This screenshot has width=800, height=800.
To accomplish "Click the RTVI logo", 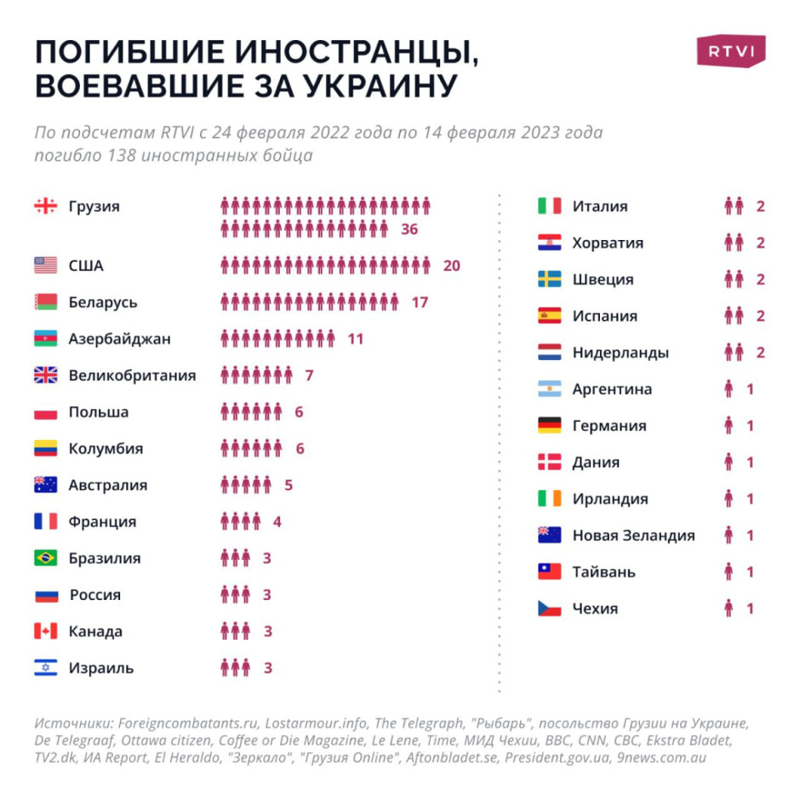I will tap(731, 51).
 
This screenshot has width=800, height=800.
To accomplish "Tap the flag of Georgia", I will tap(46, 206).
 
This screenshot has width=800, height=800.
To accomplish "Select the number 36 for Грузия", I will tap(409, 229).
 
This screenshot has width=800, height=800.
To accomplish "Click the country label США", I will tap(86, 266).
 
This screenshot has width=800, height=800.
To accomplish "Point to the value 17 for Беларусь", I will tap(420, 302).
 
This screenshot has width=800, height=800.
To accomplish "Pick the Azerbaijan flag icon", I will tap(46, 339).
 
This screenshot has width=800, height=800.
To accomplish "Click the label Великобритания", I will tap(132, 375).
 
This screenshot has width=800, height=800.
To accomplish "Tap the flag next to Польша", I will tap(46, 412).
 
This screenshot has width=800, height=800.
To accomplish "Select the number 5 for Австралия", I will tap(289, 485).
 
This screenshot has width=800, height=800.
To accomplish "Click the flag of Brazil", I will tap(46, 558).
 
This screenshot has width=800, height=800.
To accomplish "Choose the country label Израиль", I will tap(101, 668).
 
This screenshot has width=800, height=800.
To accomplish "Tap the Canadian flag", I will tap(46, 631).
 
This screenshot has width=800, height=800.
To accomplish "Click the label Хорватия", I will tap(608, 243).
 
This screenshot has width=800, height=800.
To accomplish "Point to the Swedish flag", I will tap(550, 279).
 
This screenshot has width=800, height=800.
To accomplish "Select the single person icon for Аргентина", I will tap(729, 389).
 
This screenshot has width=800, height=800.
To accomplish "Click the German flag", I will tap(550, 426).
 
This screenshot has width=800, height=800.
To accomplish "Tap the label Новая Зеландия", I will tap(633, 535).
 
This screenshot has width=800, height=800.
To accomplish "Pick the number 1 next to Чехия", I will tap(750, 609).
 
